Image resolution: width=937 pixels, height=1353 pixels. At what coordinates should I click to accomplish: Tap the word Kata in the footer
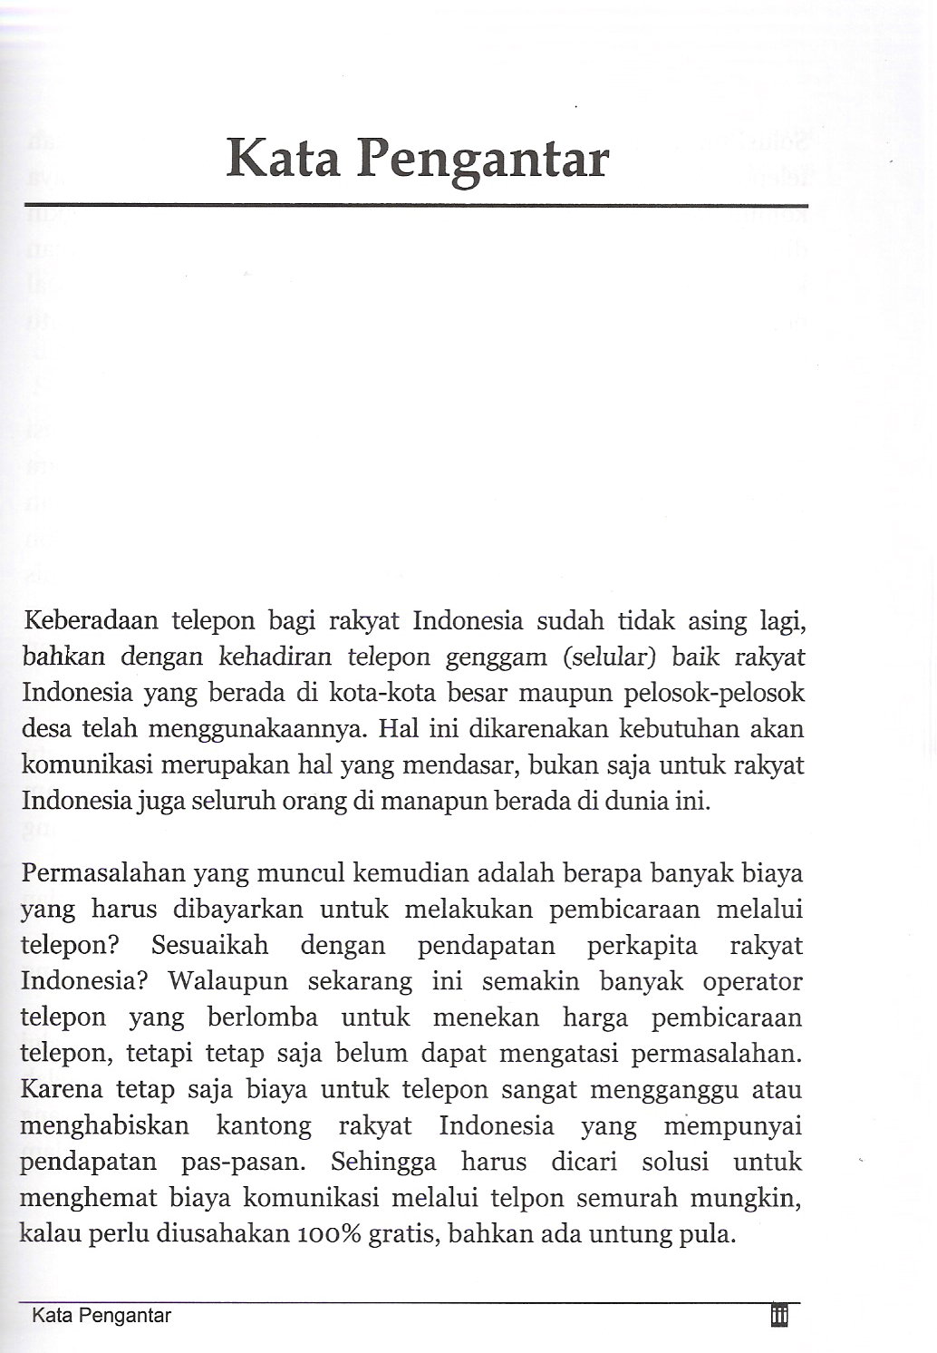(x=52, y=1316)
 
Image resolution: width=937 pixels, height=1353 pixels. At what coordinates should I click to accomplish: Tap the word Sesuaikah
(x=210, y=946)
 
